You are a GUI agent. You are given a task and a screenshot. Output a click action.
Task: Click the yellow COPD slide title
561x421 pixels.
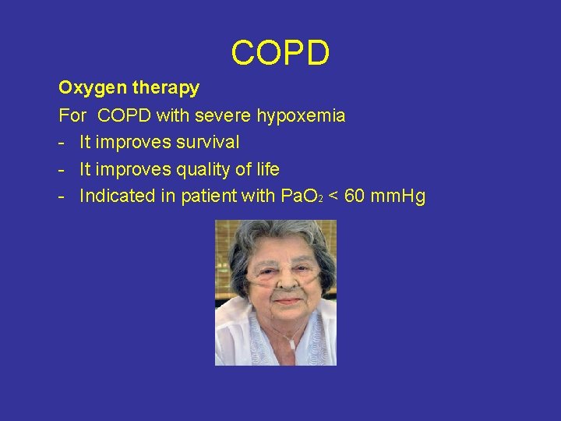point(280,53)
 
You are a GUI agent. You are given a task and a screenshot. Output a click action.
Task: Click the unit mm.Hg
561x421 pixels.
point(399,196)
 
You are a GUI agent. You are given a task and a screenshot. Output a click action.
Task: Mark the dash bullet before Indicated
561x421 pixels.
point(61,196)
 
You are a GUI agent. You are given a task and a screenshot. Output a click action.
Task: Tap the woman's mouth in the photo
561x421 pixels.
point(287,299)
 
